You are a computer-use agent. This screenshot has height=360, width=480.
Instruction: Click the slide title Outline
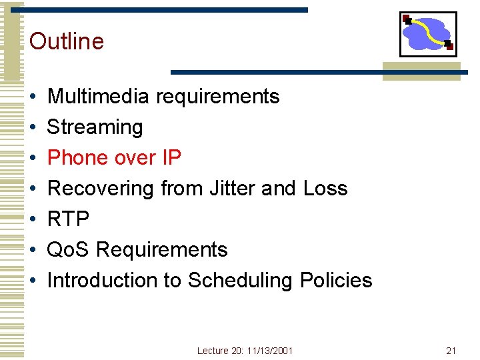67,41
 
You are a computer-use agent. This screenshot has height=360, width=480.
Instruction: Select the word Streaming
95,127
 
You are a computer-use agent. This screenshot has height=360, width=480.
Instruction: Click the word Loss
325,189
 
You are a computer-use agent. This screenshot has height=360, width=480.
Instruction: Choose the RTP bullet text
68,219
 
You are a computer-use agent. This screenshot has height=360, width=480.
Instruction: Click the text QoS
69,250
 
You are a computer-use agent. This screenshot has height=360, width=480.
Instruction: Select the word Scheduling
240,281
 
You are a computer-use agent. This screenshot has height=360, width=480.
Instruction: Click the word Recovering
101,189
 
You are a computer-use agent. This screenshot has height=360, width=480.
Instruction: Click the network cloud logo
428,33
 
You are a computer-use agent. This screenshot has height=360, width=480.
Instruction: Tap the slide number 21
451,351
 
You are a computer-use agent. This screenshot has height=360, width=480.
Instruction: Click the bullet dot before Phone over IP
33,158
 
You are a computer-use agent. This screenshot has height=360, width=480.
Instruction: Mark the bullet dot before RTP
33,219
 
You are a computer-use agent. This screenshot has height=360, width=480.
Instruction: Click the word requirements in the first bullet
217,97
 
